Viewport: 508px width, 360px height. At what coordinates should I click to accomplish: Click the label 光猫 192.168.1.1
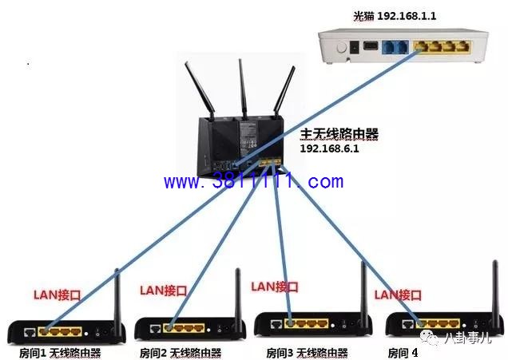point(395,15)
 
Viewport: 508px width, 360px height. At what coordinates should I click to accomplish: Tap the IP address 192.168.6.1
point(329,148)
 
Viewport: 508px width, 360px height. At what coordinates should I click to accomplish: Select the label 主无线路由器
point(339,134)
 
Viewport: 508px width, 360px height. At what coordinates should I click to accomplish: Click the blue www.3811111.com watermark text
point(254,181)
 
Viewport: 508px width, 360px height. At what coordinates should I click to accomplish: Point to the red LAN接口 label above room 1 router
point(57,295)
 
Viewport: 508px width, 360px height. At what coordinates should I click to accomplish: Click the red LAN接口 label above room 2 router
point(163,291)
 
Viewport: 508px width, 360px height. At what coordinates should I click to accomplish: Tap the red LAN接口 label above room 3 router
point(275,287)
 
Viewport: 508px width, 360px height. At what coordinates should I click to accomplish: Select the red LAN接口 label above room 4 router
point(398,295)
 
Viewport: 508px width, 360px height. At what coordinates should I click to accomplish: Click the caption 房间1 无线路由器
point(60,353)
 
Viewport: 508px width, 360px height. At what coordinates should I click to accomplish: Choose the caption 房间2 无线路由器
point(181,353)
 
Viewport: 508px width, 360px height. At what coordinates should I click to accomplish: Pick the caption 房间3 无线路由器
point(307,353)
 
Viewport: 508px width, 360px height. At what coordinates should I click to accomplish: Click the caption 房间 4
point(403,353)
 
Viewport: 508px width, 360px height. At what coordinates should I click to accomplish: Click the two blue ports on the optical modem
point(395,47)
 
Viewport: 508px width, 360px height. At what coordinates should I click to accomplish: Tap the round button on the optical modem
point(342,48)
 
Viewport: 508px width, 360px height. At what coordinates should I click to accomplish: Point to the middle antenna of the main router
point(242,89)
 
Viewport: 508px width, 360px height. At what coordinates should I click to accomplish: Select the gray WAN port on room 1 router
point(30,332)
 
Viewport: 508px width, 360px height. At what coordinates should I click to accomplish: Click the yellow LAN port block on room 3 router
point(307,323)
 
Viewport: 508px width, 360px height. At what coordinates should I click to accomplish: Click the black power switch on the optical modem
point(355,47)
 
